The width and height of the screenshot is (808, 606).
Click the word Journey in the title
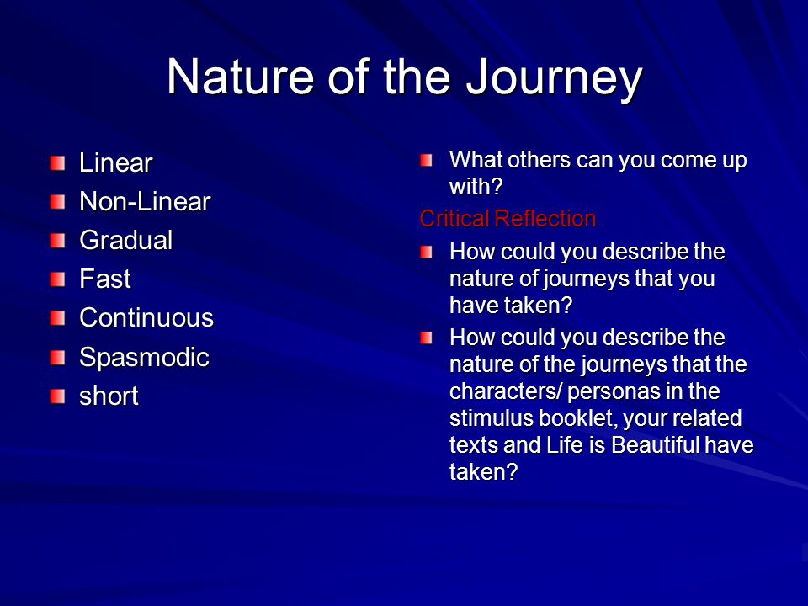[554, 77]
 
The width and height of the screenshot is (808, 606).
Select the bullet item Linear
[116, 162]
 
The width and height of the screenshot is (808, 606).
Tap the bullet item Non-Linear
[145, 201]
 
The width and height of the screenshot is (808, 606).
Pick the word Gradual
[125, 240]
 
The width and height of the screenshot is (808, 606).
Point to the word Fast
[105, 279]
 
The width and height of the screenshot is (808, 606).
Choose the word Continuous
[146, 317]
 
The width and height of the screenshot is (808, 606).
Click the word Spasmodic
[144, 357]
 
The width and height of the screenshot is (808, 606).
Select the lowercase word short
[109, 396]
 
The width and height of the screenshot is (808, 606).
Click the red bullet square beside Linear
[58, 163]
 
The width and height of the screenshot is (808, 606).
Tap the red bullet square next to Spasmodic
[58, 357]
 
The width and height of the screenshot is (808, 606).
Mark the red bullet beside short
[58, 396]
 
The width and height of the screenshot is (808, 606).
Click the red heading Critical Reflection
[508, 219]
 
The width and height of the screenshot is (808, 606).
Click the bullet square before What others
[426, 160]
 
